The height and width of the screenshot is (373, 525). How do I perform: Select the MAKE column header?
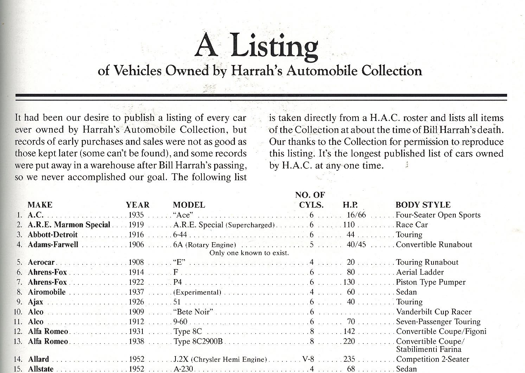(x=40, y=205)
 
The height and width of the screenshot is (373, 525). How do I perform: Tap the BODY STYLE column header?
(x=423, y=205)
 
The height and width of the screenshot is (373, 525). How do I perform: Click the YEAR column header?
(x=138, y=205)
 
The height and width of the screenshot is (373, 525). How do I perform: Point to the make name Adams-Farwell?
(x=53, y=245)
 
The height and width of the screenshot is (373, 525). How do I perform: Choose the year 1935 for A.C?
(x=136, y=215)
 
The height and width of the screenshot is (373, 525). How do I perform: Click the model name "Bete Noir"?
(x=193, y=312)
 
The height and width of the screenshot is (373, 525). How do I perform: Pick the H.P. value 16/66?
(x=356, y=215)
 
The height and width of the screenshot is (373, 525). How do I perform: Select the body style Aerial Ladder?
(x=420, y=272)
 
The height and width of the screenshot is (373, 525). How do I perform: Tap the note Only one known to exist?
(x=249, y=253)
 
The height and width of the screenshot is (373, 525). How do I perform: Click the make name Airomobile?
(x=47, y=292)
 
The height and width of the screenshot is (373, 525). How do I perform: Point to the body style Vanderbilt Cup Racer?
(x=434, y=312)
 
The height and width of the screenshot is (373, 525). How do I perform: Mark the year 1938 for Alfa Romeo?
(x=136, y=341)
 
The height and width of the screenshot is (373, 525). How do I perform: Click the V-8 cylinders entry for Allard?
(x=308, y=359)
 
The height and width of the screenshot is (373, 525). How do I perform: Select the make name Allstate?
(x=41, y=369)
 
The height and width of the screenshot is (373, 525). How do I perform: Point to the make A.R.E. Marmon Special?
(x=69, y=225)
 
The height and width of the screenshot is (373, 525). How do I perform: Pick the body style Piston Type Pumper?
(x=431, y=282)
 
